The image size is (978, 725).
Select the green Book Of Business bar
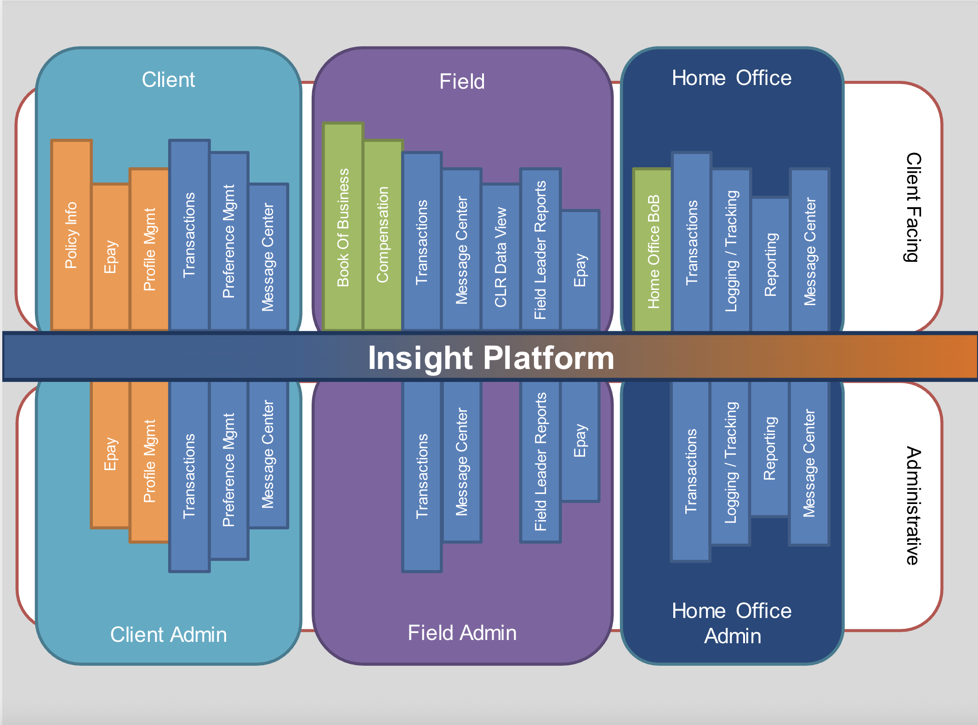(343, 227)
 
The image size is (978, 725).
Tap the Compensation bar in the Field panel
(383, 235)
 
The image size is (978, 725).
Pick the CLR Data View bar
(500, 257)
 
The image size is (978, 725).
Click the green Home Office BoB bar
(653, 251)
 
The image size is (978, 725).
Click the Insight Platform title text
(491, 358)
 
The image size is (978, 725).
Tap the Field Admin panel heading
(462, 633)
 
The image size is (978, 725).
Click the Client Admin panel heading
(168, 634)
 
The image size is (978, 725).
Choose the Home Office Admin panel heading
(732, 623)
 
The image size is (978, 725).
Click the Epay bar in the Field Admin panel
(580, 441)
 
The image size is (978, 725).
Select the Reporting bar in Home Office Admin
(770, 448)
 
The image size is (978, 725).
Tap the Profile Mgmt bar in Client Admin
(149, 461)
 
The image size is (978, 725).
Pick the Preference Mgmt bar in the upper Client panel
(229, 242)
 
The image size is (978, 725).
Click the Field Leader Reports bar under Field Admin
(540, 461)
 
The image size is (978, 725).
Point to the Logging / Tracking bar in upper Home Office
(731, 251)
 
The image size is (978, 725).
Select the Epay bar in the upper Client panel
(110, 257)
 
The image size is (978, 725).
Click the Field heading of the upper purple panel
(462, 81)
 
